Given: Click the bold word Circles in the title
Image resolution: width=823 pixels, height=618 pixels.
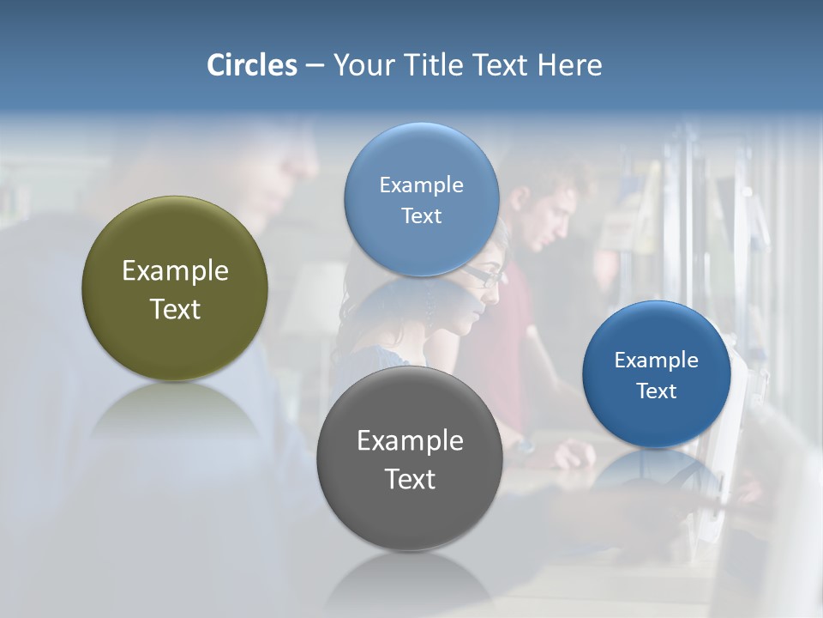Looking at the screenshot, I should point(252,65).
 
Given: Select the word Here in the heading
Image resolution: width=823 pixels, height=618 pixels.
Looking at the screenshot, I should point(569,65).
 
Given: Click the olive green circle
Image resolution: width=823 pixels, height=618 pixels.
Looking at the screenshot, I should point(175,249).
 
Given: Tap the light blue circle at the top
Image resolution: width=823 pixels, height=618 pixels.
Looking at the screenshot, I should point(422,154).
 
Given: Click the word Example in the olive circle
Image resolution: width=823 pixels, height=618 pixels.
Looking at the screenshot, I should point(175,271).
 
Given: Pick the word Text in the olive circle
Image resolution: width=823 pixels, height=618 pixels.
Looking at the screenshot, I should point(175,309).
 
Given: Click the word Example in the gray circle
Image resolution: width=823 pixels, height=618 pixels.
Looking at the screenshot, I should point(410,441).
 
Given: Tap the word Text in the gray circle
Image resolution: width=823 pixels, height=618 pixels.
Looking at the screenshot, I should point(410,479).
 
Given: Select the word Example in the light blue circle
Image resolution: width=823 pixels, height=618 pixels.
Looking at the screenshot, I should point(422,185).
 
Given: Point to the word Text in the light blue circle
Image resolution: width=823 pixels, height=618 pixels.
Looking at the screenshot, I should point(422,216).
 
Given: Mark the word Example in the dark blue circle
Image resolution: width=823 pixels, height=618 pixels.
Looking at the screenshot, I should point(657,360).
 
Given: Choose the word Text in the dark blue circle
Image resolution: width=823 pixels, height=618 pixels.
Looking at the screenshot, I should point(657,391).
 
